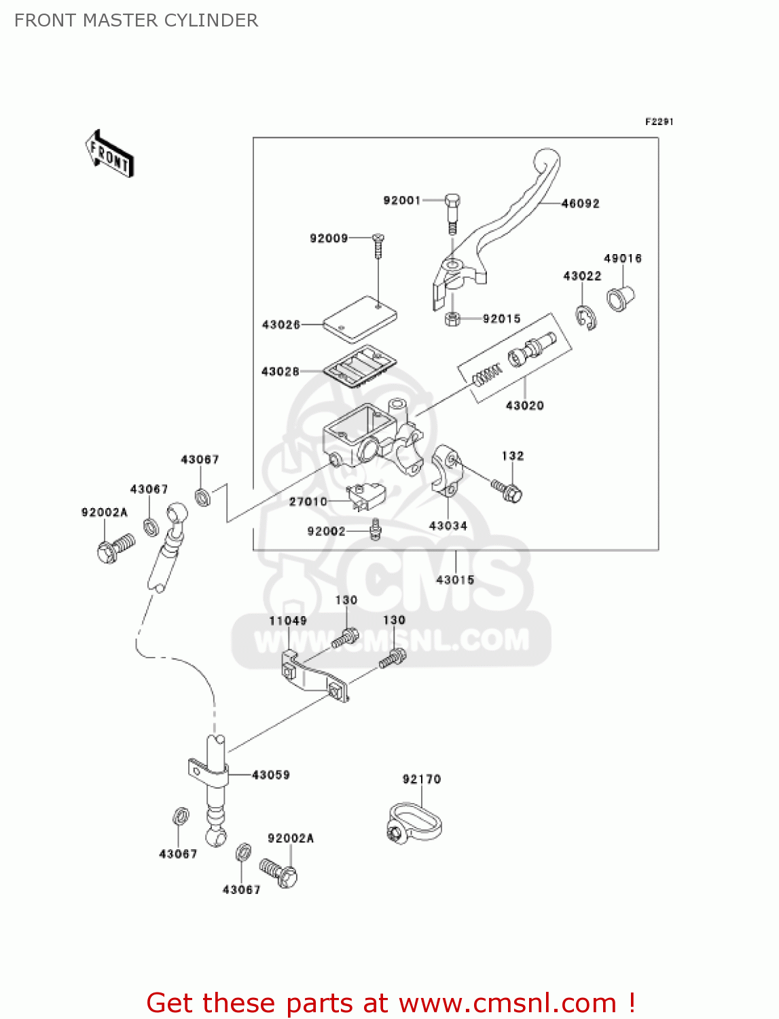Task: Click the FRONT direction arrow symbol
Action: tap(109, 154)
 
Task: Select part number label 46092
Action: tap(580, 203)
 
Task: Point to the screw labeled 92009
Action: tap(378, 246)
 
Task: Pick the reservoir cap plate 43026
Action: tap(359, 317)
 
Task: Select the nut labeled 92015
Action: tap(452, 319)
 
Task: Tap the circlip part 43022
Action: tap(587, 317)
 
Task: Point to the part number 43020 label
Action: tap(524, 406)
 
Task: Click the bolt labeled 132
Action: tap(508, 490)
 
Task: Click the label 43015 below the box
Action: tap(454, 579)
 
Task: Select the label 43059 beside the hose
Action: tap(270, 774)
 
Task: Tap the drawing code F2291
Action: tap(659, 122)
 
